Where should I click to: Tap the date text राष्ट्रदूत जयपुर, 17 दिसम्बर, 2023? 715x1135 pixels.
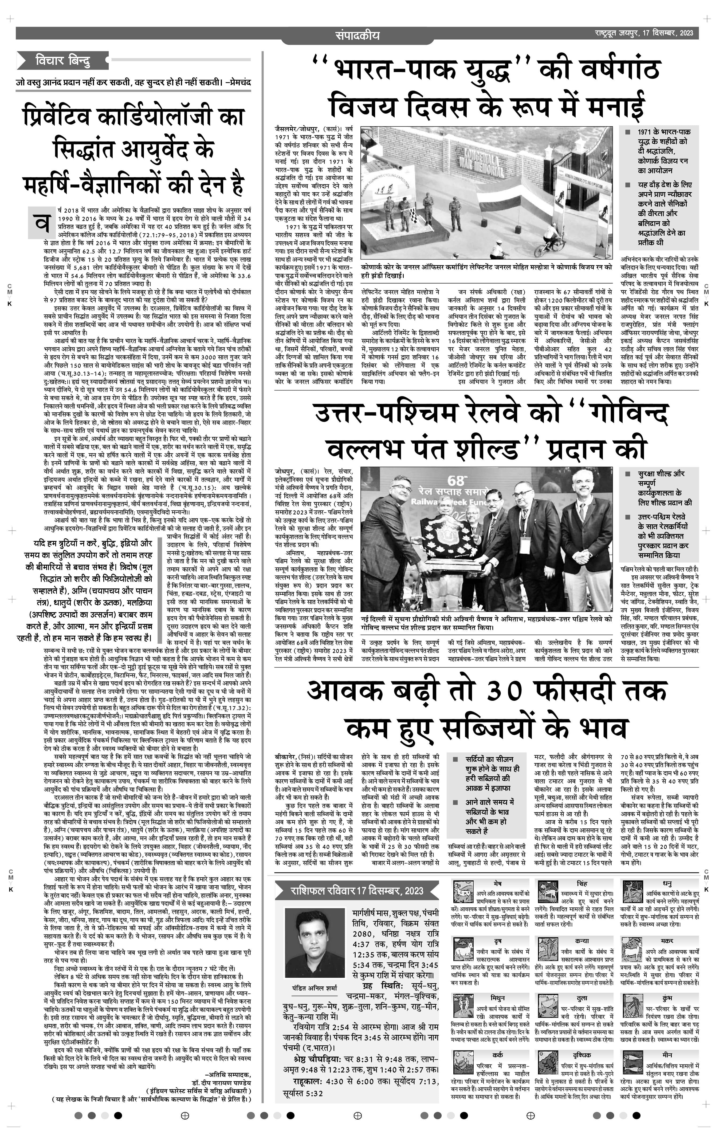644,33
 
